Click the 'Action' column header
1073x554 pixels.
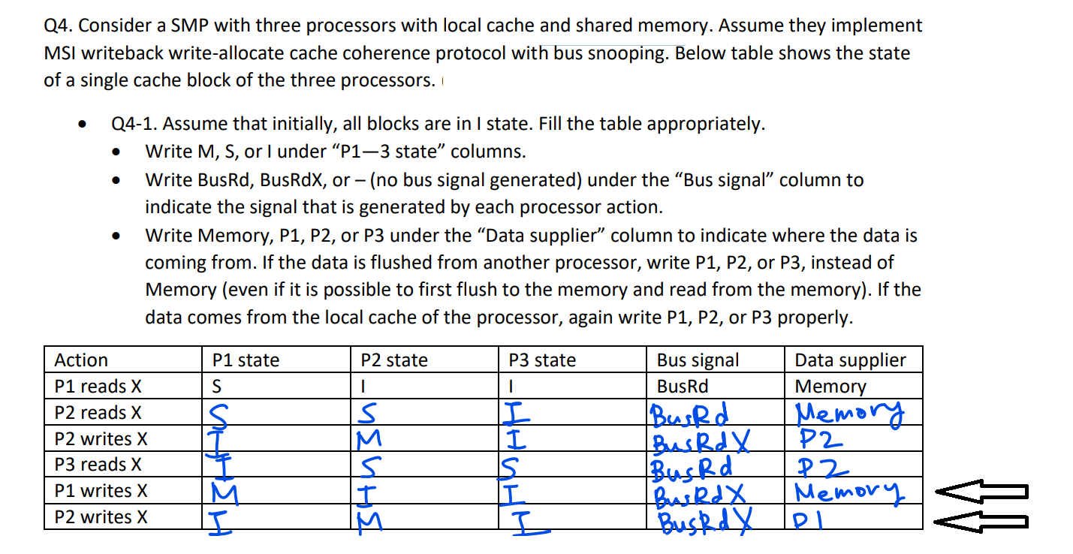[x=81, y=360]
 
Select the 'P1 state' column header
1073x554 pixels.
[x=246, y=360]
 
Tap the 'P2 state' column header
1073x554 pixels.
[x=394, y=360]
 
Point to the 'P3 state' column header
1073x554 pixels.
[x=542, y=360]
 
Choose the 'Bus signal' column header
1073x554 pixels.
[x=698, y=360]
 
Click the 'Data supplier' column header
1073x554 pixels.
[x=851, y=360]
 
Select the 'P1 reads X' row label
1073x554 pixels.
[x=98, y=387]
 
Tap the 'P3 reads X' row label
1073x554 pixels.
[x=98, y=465]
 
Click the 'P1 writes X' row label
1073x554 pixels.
[x=101, y=491]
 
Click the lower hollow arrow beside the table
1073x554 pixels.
[x=980, y=519]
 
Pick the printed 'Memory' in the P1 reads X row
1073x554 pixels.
[x=830, y=387]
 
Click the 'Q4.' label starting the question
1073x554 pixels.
[x=58, y=26]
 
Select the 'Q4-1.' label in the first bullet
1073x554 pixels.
[x=131, y=124]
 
